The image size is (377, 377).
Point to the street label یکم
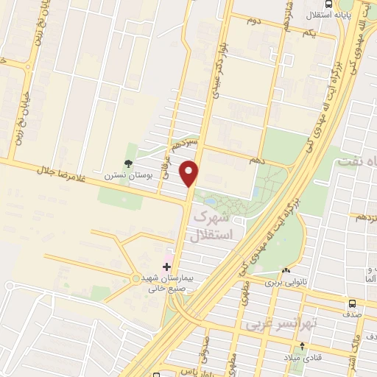309,33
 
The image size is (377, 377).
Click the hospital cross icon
167,266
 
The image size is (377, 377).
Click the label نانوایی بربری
280,282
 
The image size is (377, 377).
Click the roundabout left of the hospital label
134,278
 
